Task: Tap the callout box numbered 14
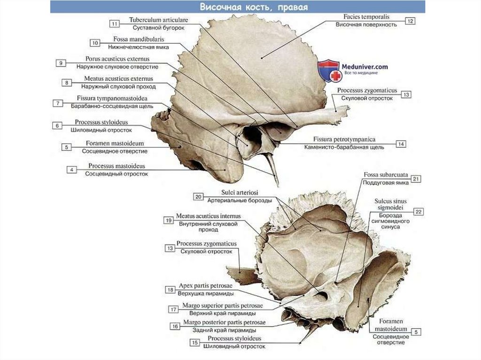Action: point(401,143)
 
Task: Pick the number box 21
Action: point(416,179)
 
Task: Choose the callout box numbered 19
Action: point(168,220)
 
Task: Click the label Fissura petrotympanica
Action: point(344,139)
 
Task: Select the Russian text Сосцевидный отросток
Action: point(116,174)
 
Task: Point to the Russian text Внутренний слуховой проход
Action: point(208,227)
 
